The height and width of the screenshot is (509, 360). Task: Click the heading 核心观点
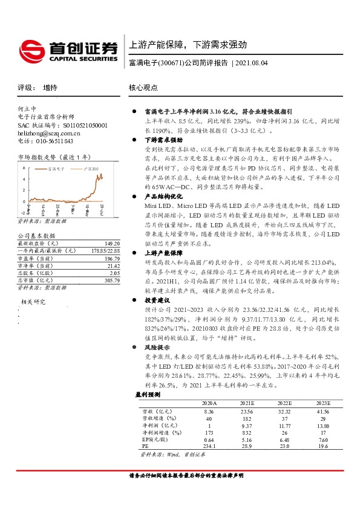(x=143, y=87)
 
